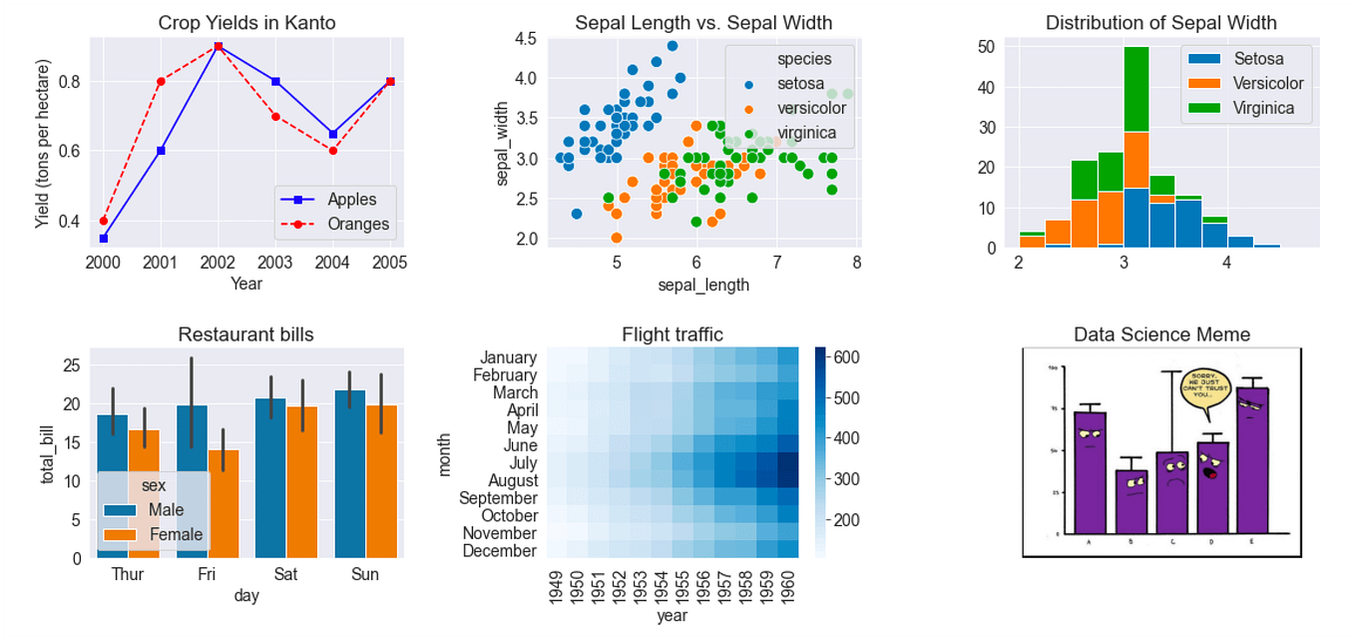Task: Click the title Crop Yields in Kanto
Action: (247, 23)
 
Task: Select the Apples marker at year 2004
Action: (332, 134)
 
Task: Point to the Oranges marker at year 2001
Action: (161, 81)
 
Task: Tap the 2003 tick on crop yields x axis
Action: (275, 263)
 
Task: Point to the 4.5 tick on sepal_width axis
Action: (525, 39)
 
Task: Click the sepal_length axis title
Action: (703, 285)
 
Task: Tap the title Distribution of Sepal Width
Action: (1160, 23)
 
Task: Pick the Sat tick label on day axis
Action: (285, 575)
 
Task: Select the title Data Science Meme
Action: (1161, 334)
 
